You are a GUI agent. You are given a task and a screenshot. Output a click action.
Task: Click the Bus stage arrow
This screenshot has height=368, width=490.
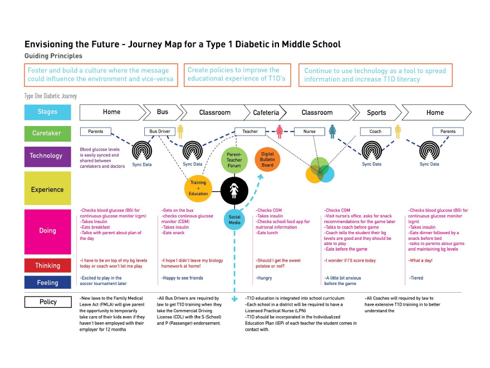(163, 112)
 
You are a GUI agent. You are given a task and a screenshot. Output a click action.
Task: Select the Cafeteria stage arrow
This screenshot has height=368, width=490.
(266, 113)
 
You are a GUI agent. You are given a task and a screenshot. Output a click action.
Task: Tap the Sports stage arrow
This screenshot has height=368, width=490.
(376, 113)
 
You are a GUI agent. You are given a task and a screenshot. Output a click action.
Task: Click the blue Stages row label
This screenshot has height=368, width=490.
(47, 112)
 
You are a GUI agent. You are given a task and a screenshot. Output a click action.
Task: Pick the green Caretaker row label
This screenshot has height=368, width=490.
(47, 133)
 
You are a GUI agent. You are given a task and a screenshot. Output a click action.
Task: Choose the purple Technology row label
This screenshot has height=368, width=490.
(47, 156)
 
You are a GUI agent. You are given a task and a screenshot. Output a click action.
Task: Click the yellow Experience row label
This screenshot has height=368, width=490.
(47, 190)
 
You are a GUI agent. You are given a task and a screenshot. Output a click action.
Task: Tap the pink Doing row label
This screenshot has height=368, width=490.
(47, 230)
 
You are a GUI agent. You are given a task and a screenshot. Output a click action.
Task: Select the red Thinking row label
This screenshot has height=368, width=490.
(47, 266)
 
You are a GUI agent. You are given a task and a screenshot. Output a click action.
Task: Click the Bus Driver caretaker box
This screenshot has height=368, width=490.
(160, 132)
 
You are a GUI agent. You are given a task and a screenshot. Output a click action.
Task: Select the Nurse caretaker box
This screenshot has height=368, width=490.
(309, 132)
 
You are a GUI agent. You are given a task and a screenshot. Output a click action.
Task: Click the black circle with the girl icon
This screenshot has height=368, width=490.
(234, 190)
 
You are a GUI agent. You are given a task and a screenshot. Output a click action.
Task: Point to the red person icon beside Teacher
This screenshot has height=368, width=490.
(280, 132)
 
